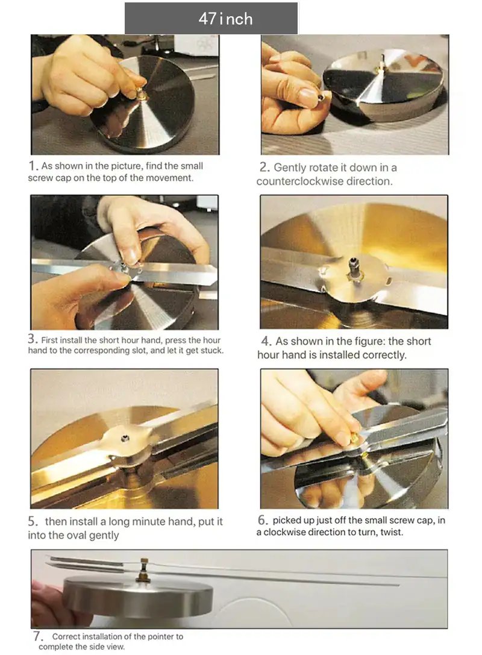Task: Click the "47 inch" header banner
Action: pos(211,19)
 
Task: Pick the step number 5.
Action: pos(33,521)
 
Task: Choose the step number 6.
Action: pos(263,520)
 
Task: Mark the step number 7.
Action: pos(38,636)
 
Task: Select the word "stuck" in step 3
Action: pos(211,351)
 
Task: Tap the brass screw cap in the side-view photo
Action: pos(144,569)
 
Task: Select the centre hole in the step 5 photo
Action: pos(125,438)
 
